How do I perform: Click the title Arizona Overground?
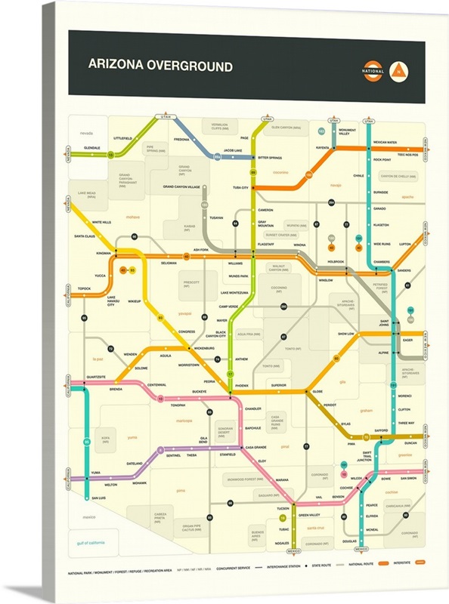point(160,66)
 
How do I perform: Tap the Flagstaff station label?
point(265,245)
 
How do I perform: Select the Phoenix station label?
point(241,385)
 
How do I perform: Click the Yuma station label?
point(95,473)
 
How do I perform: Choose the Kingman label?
point(104,252)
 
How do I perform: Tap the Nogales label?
point(283,543)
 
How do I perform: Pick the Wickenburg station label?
point(204,347)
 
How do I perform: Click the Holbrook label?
point(336,262)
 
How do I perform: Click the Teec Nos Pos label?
point(406,154)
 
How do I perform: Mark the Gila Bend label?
point(203,439)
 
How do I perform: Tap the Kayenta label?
point(323,148)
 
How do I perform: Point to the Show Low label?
point(346,333)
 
